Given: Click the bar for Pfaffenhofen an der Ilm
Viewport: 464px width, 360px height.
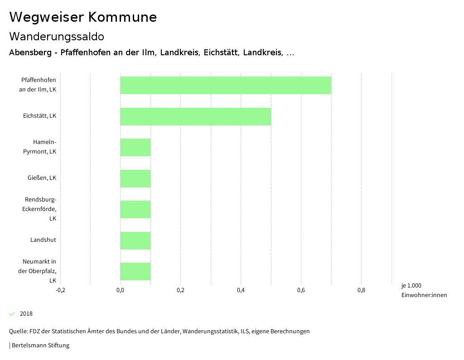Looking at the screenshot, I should pyautogui.click(x=226, y=85).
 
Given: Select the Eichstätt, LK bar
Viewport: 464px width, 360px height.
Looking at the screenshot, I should pyautogui.click(x=195, y=116).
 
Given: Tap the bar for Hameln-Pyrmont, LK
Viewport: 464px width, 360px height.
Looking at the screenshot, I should pyautogui.click(x=135, y=147).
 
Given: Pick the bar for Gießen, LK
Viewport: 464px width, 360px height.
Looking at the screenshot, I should pyautogui.click(x=135, y=178).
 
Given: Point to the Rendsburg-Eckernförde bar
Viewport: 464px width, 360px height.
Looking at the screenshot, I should pyautogui.click(x=135, y=209).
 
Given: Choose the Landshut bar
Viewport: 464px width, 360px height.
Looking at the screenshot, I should pyautogui.click(x=135, y=240).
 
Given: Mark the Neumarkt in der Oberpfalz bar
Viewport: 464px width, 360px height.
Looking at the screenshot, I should pyautogui.click(x=135, y=271).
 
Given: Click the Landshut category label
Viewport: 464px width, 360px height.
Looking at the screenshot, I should pyautogui.click(x=43, y=240).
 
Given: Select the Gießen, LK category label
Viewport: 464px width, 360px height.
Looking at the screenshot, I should pyautogui.click(x=42, y=178).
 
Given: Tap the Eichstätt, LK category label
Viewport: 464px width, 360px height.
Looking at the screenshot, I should pyautogui.click(x=39, y=116).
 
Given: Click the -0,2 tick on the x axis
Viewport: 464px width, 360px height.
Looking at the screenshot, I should pyautogui.click(x=60, y=290).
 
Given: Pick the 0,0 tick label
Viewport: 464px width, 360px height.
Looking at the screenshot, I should pyautogui.click(x=120, y=290).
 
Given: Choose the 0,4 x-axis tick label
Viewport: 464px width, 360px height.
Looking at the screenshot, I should pyautogui.click(x=241, y=290).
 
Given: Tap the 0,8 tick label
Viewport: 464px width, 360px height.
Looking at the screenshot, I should pyautogui.click(x=361, y=290).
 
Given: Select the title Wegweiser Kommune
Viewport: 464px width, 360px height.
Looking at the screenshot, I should pyautogui.click(x=83, y=17).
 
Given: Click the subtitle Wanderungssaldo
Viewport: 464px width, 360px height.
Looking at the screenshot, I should pyautogui.click(x=57, y=36).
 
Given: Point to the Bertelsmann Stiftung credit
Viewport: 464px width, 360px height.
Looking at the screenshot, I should pyautogui.click(x=39, y=346).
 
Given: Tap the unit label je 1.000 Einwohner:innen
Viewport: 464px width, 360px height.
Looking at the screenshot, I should pyautogui.click(x=424, y=290).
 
